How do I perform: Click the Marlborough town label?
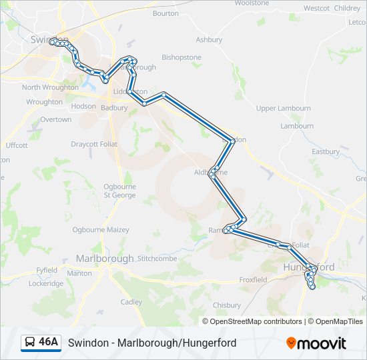(x=105, y=259)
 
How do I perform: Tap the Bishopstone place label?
(x=181, y=57)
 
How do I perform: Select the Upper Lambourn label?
(x=284, y=108)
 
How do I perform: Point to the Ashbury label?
(x=209, y=40)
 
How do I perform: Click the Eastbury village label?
(x=326, y=152)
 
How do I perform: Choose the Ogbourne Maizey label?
(x=101, y=229)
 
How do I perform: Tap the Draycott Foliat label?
(x=94, y=144)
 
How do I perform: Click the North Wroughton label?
(x=50, y=87)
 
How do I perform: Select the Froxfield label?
(x=253, y=280)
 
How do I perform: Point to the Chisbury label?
(x=226, y=305)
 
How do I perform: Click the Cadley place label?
(x=131, y=302)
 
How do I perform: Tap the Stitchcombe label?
(x=157, y=259)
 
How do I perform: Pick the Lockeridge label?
(x=46, y=283)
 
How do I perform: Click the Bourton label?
(x=165, y=13)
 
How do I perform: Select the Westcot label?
(x=316, y=8)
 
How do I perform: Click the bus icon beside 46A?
(x=30, y=343)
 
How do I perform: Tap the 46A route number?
(x=49, y=343)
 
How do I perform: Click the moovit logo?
(x=316, y=343)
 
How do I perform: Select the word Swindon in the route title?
(x=89, y=343)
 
